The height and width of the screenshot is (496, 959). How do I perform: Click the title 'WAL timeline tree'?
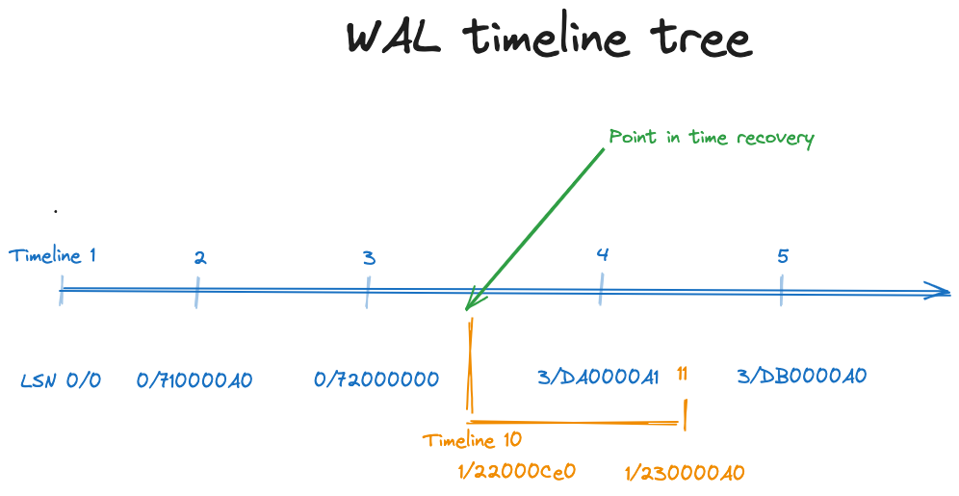point(549,37)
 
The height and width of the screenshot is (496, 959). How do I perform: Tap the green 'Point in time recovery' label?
point(712,138)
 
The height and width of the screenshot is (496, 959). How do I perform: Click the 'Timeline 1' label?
point(53,255)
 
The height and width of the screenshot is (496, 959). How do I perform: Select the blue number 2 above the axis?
point(200,258)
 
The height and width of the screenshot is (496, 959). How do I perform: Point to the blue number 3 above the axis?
point(369,258)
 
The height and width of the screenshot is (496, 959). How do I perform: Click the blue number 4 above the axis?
point(603,254)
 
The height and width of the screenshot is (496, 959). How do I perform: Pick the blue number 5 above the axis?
point(783,255)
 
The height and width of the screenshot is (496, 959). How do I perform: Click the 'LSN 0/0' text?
point(61,380)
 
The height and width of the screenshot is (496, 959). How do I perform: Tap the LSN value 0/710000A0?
point(194,380)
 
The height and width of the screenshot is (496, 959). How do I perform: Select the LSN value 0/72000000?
point(376,379)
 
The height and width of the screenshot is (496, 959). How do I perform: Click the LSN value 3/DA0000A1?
point(598,377)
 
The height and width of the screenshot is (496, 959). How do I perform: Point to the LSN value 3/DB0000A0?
point(802,376)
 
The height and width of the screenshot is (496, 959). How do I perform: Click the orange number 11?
point(682,373)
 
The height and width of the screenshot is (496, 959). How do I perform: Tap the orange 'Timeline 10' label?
point(472,440)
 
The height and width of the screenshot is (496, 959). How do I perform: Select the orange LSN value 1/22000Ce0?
point(517,471)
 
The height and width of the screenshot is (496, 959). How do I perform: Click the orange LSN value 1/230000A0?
point(685,472)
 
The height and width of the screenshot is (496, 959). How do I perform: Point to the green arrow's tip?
point(467,309)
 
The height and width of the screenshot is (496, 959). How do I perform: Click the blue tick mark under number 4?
point(601,289)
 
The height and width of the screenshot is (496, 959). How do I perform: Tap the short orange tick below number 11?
point(685,415)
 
